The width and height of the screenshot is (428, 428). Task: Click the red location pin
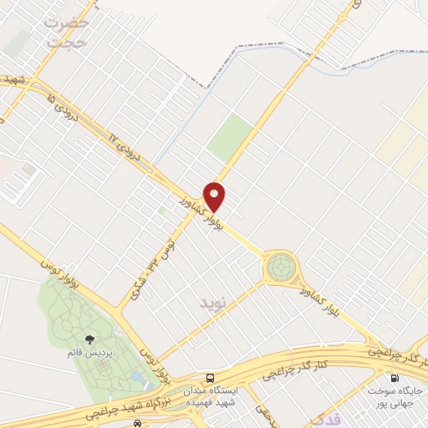pyautogui.click(x=216, y=195)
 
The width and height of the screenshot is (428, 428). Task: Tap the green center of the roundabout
pyautogui.click(x=280, y=268)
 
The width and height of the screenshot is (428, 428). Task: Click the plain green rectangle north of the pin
pyautogui.click(x=230, y=138)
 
